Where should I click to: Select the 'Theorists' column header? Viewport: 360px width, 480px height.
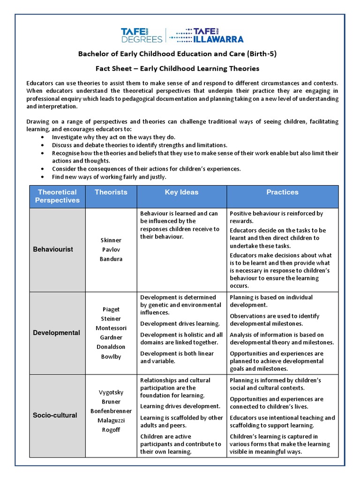pos(111,192)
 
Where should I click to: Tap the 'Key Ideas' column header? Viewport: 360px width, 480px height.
pos(181,192)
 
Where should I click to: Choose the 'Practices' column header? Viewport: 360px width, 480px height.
pos(282,192)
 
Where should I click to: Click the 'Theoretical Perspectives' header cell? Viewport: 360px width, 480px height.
pos(57,196)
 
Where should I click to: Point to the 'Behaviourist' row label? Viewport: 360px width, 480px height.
pos(53,249)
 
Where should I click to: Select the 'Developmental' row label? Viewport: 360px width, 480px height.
pos(56,333)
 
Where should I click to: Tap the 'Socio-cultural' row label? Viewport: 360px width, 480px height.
pos(55,415)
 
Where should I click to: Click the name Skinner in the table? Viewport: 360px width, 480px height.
pos(111,240)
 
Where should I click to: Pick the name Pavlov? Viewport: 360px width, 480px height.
pos(111,250)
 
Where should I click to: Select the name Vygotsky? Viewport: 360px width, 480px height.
pos(111,392)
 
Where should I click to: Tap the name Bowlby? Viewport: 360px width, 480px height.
pos(111,356)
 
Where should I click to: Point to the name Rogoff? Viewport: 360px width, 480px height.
pos(111,430)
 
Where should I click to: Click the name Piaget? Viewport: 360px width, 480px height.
pos(111,309)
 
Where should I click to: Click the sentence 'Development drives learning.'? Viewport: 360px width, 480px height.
pos(173,324)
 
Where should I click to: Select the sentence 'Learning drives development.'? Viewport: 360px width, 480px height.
pos(173,406)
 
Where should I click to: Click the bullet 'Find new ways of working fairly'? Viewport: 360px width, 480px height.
pos(109,177)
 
